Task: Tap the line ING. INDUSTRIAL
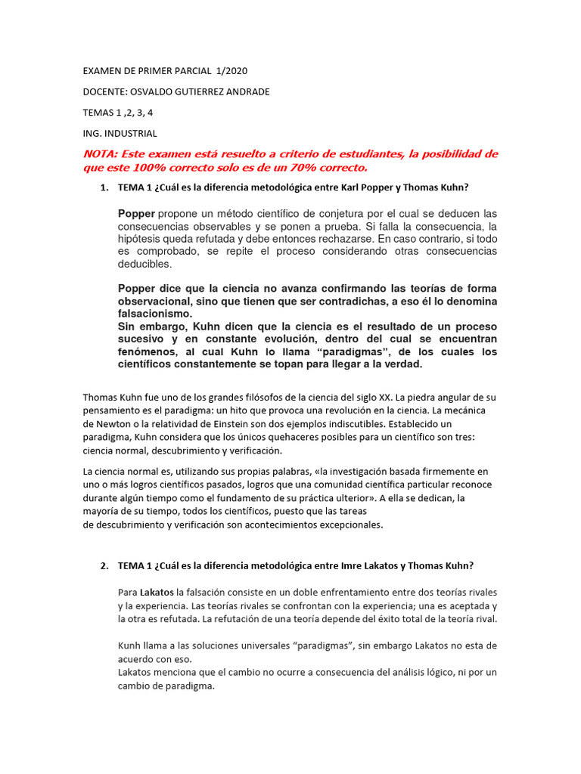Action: pyautogui.click(x=120, y=134)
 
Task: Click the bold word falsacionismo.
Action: pyautogui.click(x=156, y=314)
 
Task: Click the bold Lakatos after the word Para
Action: pyautogui.click(x=157, y=592)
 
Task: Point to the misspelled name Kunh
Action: pyautogui.click(x=130, y=646)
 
